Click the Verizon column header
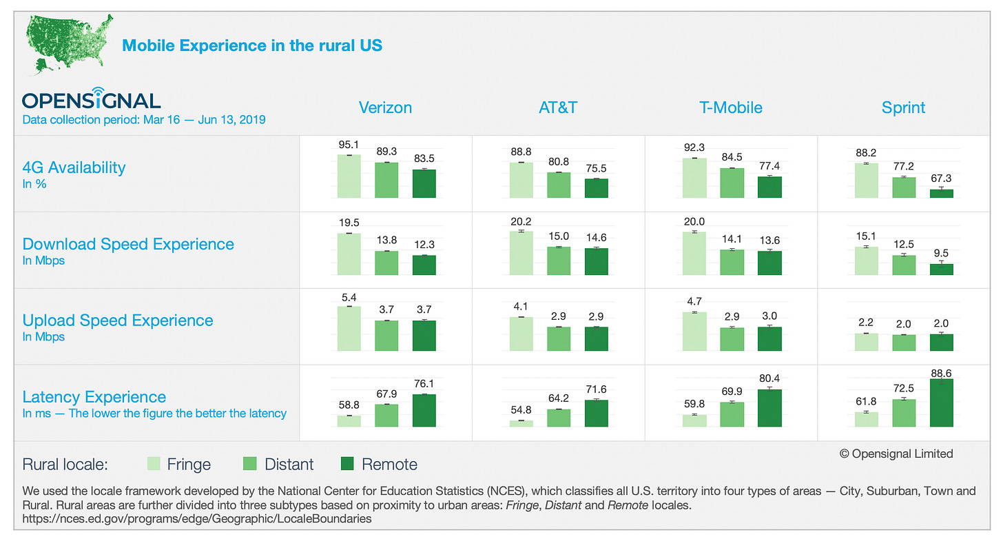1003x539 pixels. click(385, 108)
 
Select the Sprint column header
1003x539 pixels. click(903, 108)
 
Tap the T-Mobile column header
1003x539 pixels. click(731, 108)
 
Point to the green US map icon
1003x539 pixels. click(65, 43)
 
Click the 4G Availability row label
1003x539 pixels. click(74, 167)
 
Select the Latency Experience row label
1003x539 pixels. click(94, 397)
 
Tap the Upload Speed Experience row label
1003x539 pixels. click(118, 321)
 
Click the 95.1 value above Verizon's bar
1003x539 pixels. click(349, 145)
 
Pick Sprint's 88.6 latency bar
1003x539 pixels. click(941, 403)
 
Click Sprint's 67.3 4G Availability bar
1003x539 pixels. click(941, 194)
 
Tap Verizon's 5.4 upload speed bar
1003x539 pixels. click(349, 329)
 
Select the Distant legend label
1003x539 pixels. click(289, 464)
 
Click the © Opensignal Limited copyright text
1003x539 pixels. click(896, 454)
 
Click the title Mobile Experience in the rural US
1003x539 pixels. click(251, 45)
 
